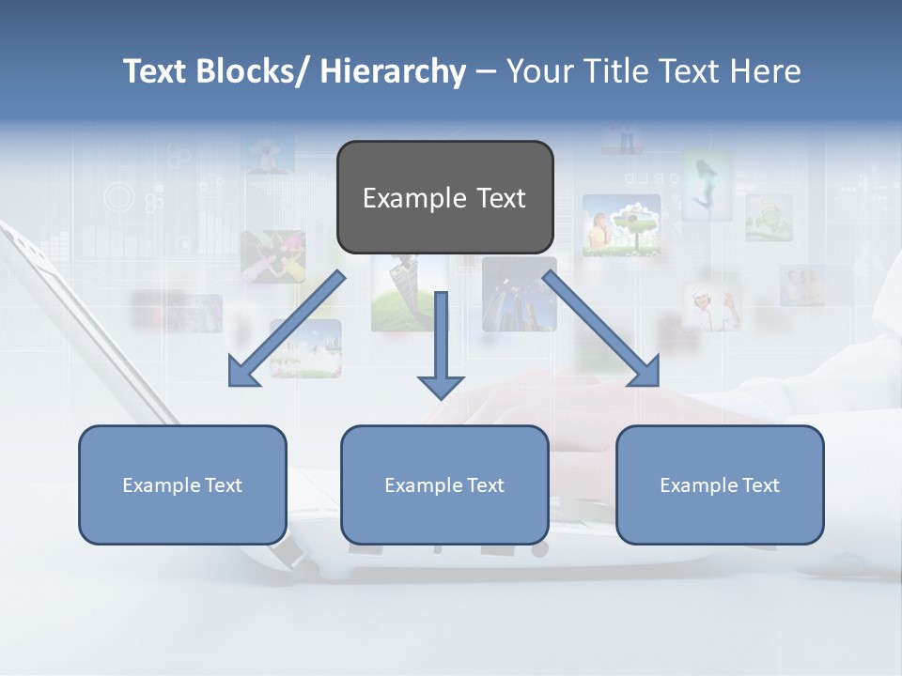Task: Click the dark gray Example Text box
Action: [x=444, y=197]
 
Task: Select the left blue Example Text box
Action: [x=182, y=484]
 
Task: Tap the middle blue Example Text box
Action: [x=444, y=484]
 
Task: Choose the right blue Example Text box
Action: [x=720, y=484]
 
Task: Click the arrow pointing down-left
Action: [x=287, y=329]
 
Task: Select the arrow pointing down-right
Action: [x=601, y=329]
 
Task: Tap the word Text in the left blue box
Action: [x=223, y=485]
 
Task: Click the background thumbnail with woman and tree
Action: [x=621, y=225]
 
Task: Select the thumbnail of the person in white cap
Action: [x=711, y=306]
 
